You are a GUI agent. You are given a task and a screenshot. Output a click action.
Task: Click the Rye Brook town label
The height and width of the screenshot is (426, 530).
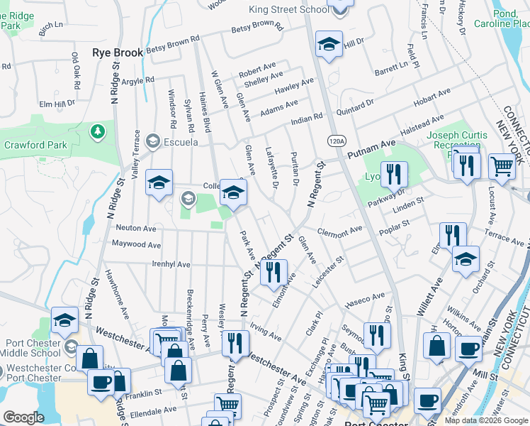point(118,53)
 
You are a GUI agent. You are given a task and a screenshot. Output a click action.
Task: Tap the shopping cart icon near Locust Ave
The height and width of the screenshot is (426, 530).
point(502,166)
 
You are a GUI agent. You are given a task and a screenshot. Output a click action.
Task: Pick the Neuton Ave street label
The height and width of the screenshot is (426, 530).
point(135,229)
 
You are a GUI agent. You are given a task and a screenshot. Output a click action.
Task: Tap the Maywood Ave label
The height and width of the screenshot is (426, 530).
point(137,244)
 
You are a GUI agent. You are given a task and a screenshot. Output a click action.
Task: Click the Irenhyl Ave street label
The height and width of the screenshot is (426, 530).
point(171,264)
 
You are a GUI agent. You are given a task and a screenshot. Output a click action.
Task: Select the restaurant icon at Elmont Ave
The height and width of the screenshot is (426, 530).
point(274,271)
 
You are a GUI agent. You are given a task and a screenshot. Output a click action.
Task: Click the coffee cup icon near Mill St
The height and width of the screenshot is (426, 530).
point(468,349)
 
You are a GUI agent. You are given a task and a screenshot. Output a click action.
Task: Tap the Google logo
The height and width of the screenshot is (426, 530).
point(23,417)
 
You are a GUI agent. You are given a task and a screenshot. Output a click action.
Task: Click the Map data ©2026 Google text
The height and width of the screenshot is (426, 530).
point(485,420)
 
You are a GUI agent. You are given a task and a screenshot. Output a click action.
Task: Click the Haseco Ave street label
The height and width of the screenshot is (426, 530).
point(363,300)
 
